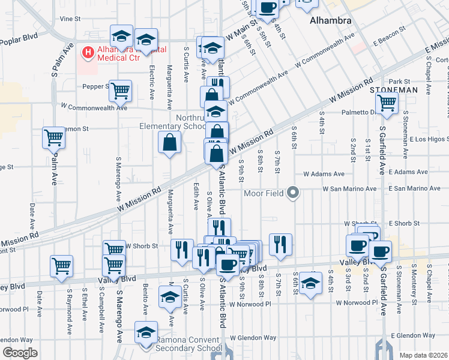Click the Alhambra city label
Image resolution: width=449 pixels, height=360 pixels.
pos(330,20)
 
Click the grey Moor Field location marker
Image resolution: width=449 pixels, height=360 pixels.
pos(293,193)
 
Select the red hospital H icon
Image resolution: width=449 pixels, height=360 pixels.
pos(89,53)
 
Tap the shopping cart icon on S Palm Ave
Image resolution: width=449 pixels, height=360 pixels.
pos(53,137)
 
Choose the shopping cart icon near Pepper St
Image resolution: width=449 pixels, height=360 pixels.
pos(121,91)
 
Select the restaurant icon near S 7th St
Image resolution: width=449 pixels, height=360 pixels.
pos(280,244)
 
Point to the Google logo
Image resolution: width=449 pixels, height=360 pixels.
pos(20,353)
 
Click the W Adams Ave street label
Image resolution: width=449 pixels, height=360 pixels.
pos(324,173)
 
